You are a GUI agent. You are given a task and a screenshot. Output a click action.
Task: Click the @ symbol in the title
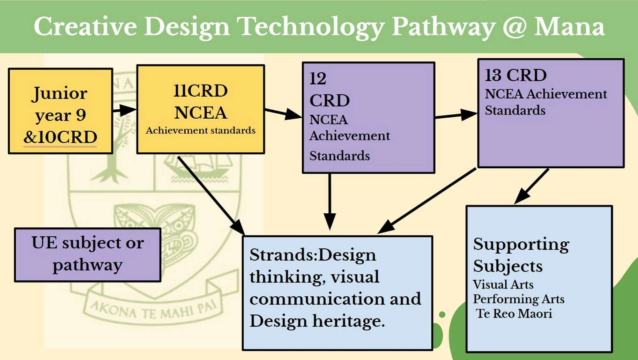coord(514,27)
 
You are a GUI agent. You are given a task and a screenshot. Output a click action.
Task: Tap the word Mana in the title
coord(570,27)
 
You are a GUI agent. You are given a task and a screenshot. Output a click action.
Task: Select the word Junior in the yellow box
coord(60,93)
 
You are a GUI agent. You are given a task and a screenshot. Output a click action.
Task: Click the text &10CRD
coord(60,137)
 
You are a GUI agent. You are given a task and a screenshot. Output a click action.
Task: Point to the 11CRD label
coord(201,91)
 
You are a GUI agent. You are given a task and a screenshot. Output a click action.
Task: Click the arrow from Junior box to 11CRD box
coord(124,110)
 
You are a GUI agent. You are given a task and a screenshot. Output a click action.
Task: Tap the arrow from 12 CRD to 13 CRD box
coord(456,115)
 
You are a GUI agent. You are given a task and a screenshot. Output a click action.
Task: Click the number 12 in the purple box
coord(318,78)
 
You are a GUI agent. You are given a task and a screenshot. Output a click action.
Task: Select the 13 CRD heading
coord(516,76)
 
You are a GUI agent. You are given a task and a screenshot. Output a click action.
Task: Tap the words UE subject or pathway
coord(88,254)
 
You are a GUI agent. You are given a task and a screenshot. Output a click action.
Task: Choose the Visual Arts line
coord(503,284)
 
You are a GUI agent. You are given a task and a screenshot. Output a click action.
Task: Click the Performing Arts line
coord(519,299)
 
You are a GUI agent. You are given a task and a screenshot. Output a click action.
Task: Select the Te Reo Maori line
coord(514,314)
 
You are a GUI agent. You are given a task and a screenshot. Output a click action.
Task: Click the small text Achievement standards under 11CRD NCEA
coord(201,130)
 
